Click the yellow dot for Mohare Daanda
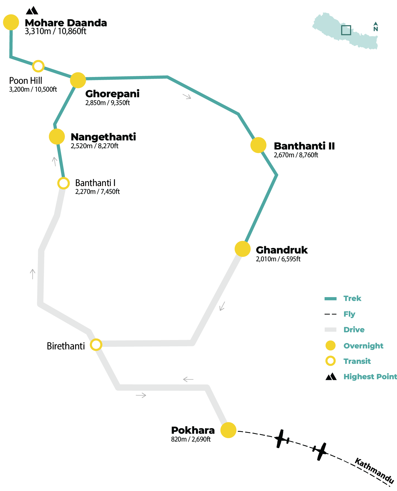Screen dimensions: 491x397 pos(11,22)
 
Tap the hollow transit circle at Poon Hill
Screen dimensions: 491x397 pos(38,66)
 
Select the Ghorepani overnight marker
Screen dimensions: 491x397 pos(78,80)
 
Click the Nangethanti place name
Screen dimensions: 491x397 pos(103,137)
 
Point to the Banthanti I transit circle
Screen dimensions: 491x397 pos(64,183)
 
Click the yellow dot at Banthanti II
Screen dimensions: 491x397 pos(258,145)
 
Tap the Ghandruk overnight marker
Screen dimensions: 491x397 pos(243,249)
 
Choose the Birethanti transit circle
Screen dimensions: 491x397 pos(96,345)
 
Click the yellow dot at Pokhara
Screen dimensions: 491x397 pos(228,430)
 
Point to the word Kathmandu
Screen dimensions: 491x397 pos(374,470)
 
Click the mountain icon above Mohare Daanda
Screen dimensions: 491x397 pos(32,11)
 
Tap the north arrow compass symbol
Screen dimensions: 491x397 pos(376,27)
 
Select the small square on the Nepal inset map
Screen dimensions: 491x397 pos(346,30)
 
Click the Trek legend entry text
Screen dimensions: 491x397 pos(352,298)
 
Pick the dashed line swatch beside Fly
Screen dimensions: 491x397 pos(330,314)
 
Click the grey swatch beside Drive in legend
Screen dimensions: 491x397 pos(330,330)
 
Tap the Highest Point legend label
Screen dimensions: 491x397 pos(370,377)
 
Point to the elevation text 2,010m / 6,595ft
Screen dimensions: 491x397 pos(278,259)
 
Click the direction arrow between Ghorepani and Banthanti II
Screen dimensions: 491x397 pos(187,96)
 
